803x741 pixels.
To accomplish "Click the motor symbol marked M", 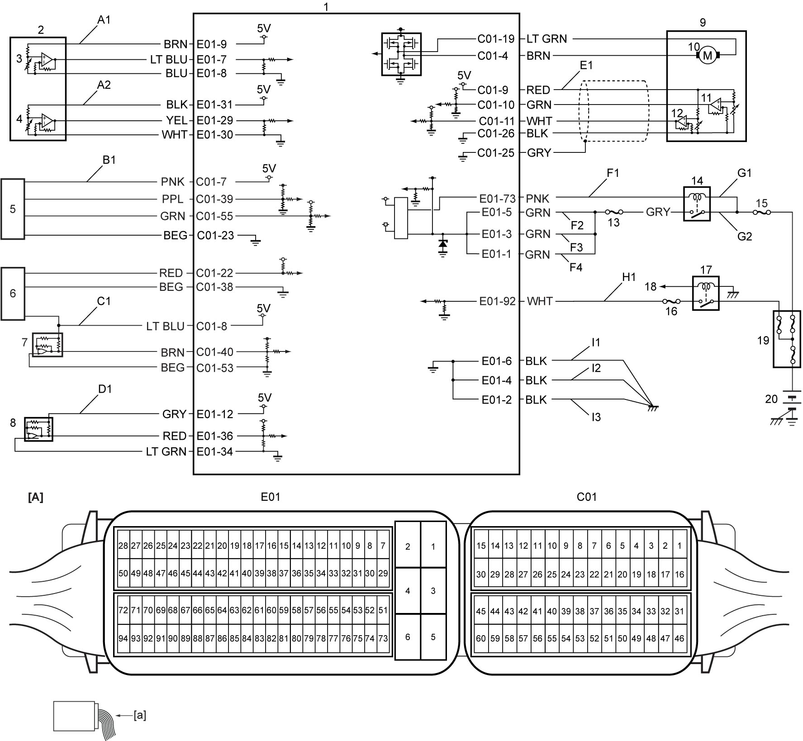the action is coord(707,56).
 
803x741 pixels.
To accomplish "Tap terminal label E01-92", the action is coord(497,301).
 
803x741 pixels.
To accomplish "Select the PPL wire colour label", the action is coord(173,199).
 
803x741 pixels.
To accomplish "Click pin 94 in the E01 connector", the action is coord(123,638).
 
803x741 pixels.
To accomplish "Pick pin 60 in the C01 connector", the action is coord(481,638).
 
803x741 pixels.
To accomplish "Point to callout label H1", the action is coord(629,277).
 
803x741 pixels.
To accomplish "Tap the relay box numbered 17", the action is coord(706,293).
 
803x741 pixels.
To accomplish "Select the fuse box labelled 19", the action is coord(787,339).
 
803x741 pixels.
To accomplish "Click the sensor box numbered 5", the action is coord(13,209).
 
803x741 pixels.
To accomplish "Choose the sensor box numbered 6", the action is coord(13,294).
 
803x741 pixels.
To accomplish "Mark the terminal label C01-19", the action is coord(496,39).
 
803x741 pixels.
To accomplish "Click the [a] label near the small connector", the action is coord(140,715).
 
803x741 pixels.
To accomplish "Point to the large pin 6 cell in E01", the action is coord(408,636).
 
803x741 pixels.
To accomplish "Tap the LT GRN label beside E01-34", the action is coord(166,451).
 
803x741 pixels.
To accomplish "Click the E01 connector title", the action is coord(271,497).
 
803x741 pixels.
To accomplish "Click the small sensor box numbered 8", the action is coord(38,429).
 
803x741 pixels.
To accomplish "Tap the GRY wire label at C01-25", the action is coord(539,153).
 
